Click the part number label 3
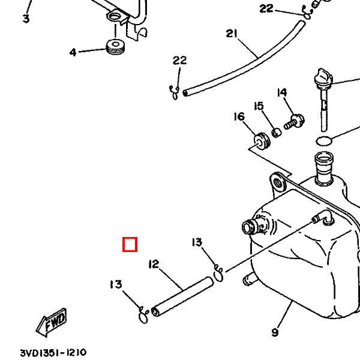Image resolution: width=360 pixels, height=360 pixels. pos(26,19)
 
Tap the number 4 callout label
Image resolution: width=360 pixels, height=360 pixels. pos(73,52)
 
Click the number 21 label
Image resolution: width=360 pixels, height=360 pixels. pos(231,34)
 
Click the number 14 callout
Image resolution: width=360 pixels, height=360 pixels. pos(282,92)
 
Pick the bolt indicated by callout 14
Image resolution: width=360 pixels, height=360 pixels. pos(294,122)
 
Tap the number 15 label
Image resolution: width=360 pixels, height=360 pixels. pos(259,106)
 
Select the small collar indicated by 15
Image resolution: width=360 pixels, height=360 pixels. pos(277,133)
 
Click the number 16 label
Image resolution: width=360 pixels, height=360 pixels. pos(239,116)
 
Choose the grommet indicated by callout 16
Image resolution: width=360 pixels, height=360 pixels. pos(262,140)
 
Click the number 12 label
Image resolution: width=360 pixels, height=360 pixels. pos(154,264)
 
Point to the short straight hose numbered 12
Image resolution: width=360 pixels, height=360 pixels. pos(182,296)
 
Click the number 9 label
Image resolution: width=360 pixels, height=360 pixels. pos(275,332)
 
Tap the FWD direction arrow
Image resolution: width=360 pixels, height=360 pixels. pos(52,322)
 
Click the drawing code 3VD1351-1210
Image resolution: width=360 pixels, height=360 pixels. pos(53,352)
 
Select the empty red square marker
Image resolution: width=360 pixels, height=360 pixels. pos(130,244)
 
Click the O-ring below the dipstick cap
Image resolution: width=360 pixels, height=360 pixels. pos(324,141)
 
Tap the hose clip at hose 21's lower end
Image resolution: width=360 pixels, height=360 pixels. pos(174,92)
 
